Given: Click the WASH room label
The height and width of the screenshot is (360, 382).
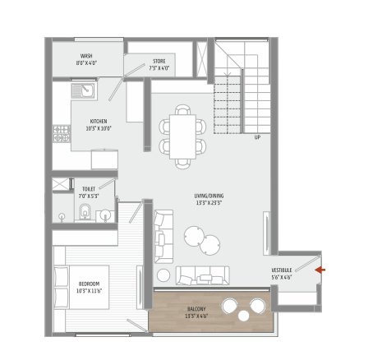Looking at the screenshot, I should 86,58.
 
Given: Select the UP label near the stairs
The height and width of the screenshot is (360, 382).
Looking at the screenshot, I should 258,137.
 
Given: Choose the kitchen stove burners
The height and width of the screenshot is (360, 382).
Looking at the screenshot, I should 61,134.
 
